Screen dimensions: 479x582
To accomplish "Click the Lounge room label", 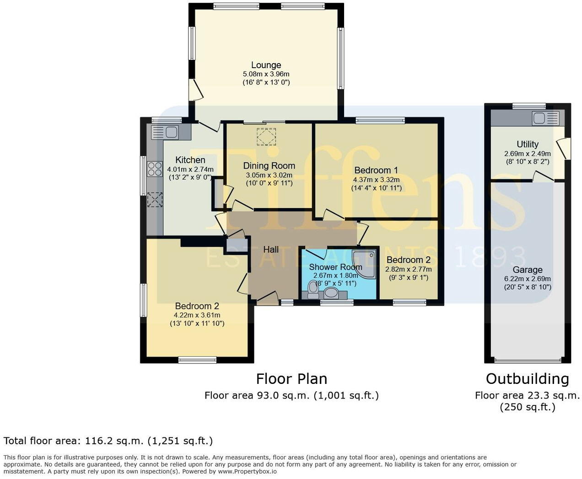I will tap(266, 65).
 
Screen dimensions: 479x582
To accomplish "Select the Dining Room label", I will tap(269, 165).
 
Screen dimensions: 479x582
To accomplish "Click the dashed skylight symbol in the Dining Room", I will tap(266, 137).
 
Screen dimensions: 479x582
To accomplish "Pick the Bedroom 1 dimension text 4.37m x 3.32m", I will tap(376, 179).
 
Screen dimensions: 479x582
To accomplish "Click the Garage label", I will tap(527, 270).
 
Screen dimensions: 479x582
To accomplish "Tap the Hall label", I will tap(271, 250).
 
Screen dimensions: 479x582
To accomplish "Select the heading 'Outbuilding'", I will tap(527, 379).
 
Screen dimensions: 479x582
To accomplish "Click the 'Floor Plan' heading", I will tap(291, 379).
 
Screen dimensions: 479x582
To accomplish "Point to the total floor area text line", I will tap(108, 441).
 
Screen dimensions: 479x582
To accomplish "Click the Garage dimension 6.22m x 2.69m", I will tap(527, 279).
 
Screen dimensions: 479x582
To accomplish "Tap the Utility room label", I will tap(527, 144).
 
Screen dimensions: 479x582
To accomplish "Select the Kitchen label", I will tap(190, 160).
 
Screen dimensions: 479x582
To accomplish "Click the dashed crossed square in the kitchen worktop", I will tap(155, 200).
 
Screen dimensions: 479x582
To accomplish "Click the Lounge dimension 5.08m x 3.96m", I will tap(266, 74).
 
